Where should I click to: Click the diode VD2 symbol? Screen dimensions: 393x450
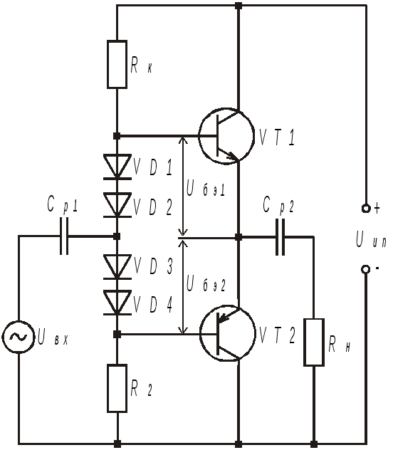[x=117, y=205]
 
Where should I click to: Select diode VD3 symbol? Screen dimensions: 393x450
[x=117, y=267]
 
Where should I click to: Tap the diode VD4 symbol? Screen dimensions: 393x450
[x=117, y=303]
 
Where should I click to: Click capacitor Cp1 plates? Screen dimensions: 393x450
[x=64, y=236]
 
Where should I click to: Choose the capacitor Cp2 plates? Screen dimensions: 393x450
[x=281, y=237]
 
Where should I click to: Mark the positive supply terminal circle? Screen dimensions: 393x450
[x=366, y=208]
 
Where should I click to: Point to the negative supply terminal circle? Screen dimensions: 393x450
[x=365, y=269]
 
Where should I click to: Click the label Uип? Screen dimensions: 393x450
[x=371, y=240]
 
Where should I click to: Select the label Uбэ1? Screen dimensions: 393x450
[x=205, y=189]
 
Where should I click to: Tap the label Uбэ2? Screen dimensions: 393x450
[x=206, y=283]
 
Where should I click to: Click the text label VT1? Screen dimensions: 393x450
[x=277, y=137]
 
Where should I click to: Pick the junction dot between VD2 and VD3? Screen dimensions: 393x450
[x=117, y=236]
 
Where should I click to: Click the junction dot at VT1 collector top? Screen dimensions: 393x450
[x=239, y=6]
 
